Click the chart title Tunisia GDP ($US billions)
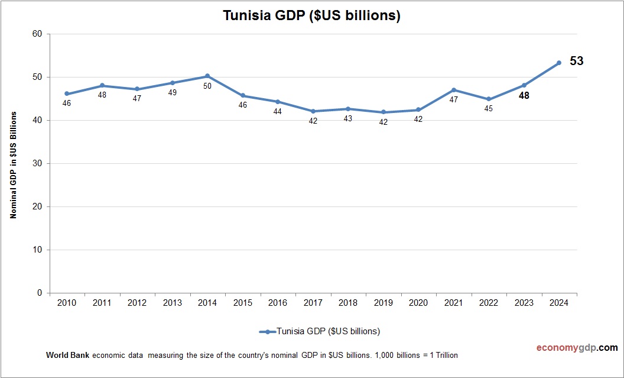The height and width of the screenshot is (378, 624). [x=311, y=16]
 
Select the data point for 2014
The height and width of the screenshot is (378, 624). [x=207, y=76]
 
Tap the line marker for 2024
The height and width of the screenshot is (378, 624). [x=558, y=63]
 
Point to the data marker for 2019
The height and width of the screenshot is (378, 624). [x=383, y=112]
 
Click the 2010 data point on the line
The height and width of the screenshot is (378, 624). [x=67, y=93]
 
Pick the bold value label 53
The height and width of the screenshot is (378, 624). [x=576, y=61]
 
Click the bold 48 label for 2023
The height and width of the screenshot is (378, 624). [x=524, y=95]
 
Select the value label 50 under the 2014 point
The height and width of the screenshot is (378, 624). [x=207, y=86]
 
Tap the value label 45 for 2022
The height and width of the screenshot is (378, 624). [x=488, y=109]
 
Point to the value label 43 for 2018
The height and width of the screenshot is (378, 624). [x=348, y=118]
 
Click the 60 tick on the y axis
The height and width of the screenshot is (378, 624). [x=37, y=34]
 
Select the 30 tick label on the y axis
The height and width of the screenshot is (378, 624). [x=37, y=163]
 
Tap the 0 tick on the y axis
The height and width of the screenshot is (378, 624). [x=40, y=293]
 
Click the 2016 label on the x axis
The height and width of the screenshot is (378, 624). [x=278, y=303]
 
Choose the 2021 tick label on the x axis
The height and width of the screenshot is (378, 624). [x=453, y=303]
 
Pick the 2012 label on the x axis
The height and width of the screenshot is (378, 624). [x=137, y=303]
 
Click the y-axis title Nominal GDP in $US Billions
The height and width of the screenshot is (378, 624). [x=13, y=164]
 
